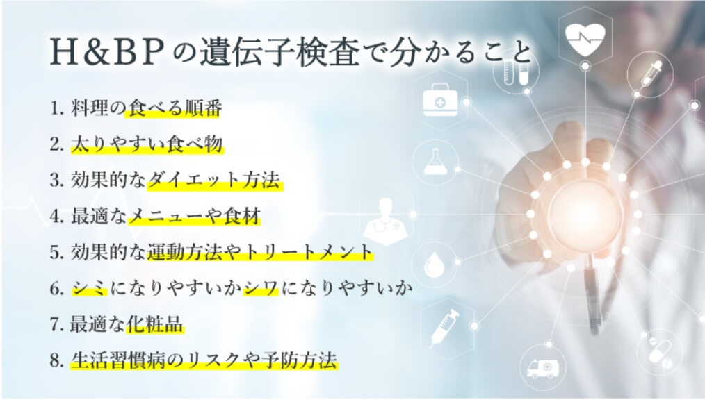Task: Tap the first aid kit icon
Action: point(441,101)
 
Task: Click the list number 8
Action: point(56,361)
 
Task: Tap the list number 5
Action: point(56,253)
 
